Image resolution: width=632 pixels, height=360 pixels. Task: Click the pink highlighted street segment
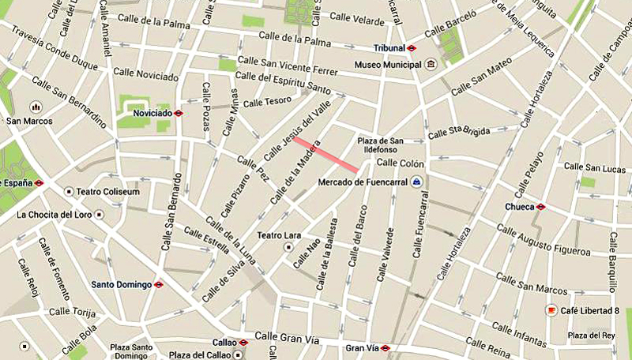click(x=325, y=152)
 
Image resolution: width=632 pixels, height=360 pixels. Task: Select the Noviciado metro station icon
click(x=179, y=113)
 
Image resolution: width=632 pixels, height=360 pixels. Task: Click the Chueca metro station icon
click(x=540, y=207)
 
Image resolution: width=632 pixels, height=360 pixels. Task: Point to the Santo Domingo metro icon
click(x=159, y=284)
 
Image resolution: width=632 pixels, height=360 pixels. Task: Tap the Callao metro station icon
click(x=243, y=343)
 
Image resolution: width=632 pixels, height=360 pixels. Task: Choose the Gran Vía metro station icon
click(x=385, y=347)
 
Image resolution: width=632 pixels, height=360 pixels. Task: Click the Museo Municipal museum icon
click(x=430, y=64)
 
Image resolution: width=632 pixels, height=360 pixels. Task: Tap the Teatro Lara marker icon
click(x=289, y=247)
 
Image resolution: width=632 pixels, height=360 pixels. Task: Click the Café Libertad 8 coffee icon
click(x=551, y=311)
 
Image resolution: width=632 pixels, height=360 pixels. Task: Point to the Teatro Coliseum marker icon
click(x=70, y=192)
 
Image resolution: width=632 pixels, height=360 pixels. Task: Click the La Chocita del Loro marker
click(x=99, y=214)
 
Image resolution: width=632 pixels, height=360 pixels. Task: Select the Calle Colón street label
click(x=401, y=163)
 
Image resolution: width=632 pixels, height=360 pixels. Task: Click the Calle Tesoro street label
click(x=268, y=102)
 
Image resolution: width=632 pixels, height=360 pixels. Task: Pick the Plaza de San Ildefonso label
click(x=381, y=145)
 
